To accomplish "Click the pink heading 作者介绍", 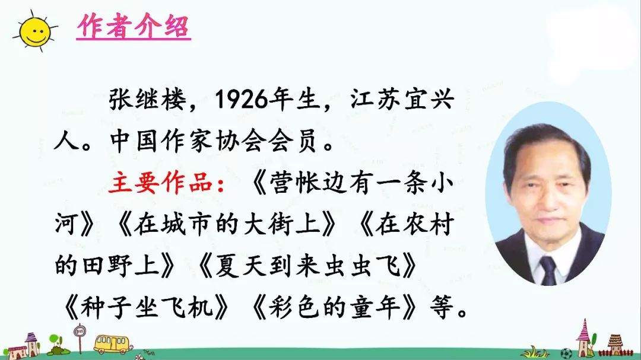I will tap(134, 27).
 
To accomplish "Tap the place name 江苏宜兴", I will tap(402, 100).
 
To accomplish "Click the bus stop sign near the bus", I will tap(78, 333).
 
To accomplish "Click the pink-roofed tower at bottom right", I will tap(584, 335).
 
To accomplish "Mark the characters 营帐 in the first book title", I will tap(290, 184).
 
